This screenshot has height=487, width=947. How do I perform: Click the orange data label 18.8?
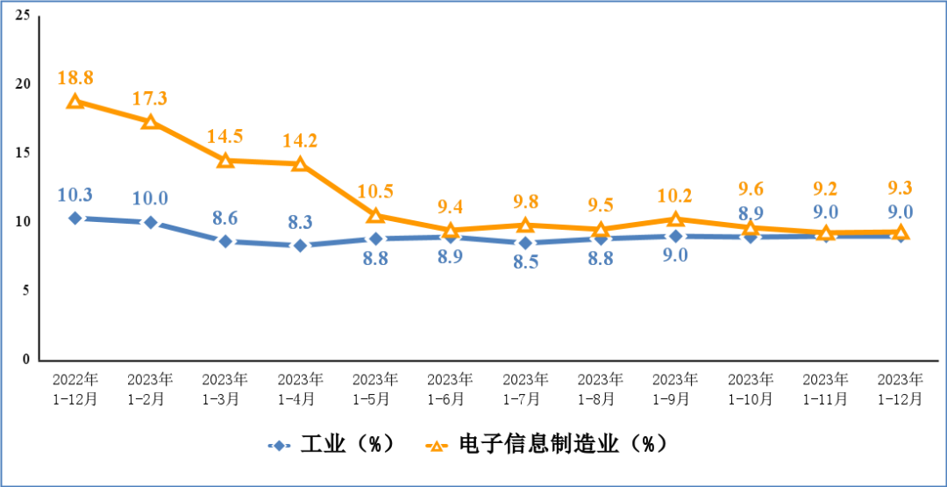(75, 78)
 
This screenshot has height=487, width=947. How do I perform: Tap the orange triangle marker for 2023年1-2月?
(150, 122)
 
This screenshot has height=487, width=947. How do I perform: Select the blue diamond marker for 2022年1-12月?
(75, 218)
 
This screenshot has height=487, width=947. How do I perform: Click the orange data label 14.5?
(225, 137)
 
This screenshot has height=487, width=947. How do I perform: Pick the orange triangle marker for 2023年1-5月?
(375, 216)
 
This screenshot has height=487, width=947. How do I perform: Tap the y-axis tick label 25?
(23, 16)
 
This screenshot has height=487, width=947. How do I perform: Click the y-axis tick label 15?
(23, 153)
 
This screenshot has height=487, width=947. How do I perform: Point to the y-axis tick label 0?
(26, 359)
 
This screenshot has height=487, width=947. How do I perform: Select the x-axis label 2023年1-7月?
(525, 389)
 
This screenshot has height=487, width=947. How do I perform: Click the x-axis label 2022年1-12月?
(75, 389)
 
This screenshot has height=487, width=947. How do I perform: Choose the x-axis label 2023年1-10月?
(751, 389)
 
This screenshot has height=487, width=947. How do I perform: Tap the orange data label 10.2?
(675, 196)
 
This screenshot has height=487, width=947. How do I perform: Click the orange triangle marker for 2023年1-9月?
(675, 219)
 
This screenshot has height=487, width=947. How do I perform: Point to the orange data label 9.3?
(901, 187)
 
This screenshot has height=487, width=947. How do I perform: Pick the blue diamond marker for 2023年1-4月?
(300, 246)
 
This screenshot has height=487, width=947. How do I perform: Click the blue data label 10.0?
(150, 198)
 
